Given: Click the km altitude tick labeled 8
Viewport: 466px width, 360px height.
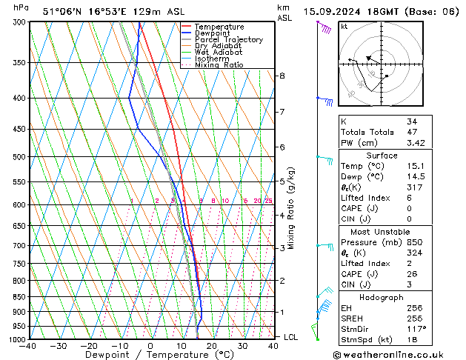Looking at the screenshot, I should click(x=282, y=76).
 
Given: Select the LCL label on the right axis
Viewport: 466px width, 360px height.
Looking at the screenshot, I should click(x=292, y=337).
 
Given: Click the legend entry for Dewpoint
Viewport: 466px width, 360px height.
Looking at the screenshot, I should click(x=213, y=33).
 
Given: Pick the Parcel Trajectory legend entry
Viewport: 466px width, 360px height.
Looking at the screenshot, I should click(x=228, y=40).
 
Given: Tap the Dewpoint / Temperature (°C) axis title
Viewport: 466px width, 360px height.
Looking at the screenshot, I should click(x=148, y=355).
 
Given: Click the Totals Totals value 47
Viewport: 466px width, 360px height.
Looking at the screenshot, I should click(x=411, y=132).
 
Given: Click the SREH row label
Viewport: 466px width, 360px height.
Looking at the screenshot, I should click(x=352, y=318).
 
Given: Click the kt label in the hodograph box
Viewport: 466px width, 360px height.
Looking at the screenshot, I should click(x=344, y=26).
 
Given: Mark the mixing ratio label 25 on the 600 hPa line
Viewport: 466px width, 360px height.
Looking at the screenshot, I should click(x=268, y=201).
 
